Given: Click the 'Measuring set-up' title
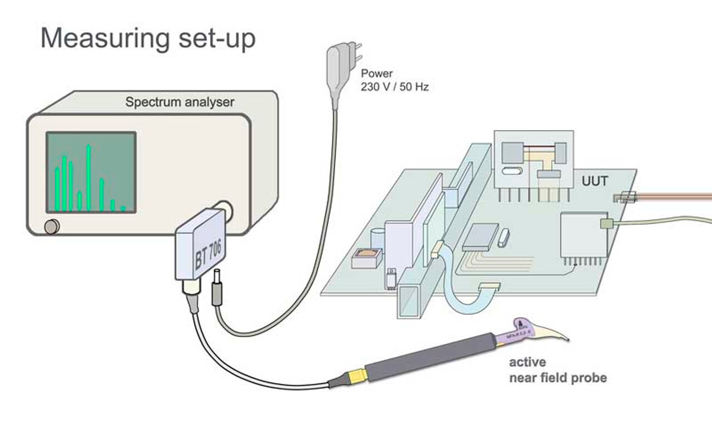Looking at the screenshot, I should coord(148,39).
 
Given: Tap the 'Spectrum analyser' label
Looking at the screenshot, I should coord(180,102).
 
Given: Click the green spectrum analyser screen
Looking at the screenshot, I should coord(91,172).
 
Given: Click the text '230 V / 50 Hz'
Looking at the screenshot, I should coord(395,87).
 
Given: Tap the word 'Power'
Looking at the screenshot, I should coord(377,73).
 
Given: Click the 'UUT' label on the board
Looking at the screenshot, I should coord(594,181).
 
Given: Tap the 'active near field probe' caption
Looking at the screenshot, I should coord(557,371).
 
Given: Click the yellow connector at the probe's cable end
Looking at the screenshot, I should coord(355,377).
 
